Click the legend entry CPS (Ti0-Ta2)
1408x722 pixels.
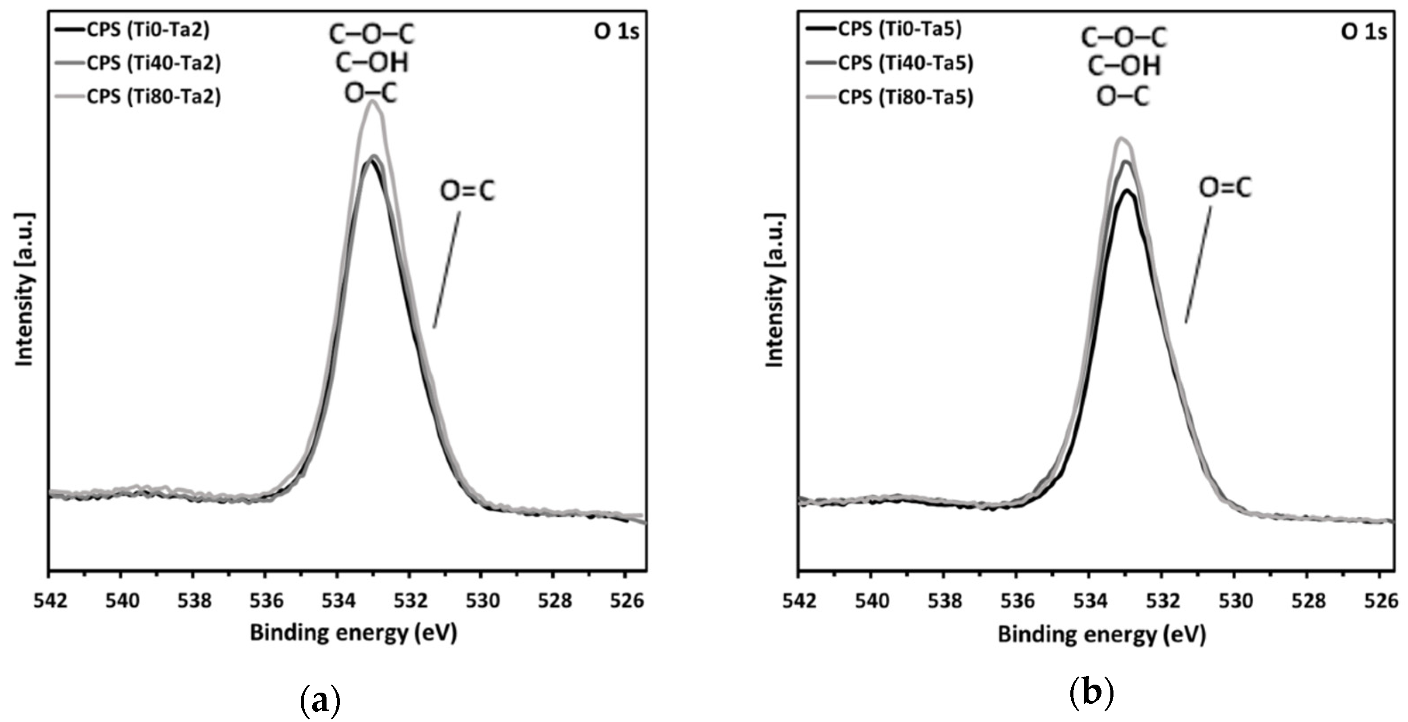148,30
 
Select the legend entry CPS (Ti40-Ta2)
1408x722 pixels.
153,64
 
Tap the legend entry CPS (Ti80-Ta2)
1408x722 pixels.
153,97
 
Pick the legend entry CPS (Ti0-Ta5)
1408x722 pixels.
899,29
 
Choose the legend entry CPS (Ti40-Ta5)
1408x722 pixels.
906,64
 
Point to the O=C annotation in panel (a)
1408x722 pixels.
467,191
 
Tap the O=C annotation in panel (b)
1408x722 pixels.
1225,187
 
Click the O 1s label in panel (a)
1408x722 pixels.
617,32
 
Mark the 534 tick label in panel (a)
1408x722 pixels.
337,600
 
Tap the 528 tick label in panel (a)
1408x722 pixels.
553,600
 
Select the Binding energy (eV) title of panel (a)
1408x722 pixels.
353,633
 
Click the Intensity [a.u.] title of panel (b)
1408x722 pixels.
775,290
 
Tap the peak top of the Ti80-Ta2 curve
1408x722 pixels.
373,101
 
